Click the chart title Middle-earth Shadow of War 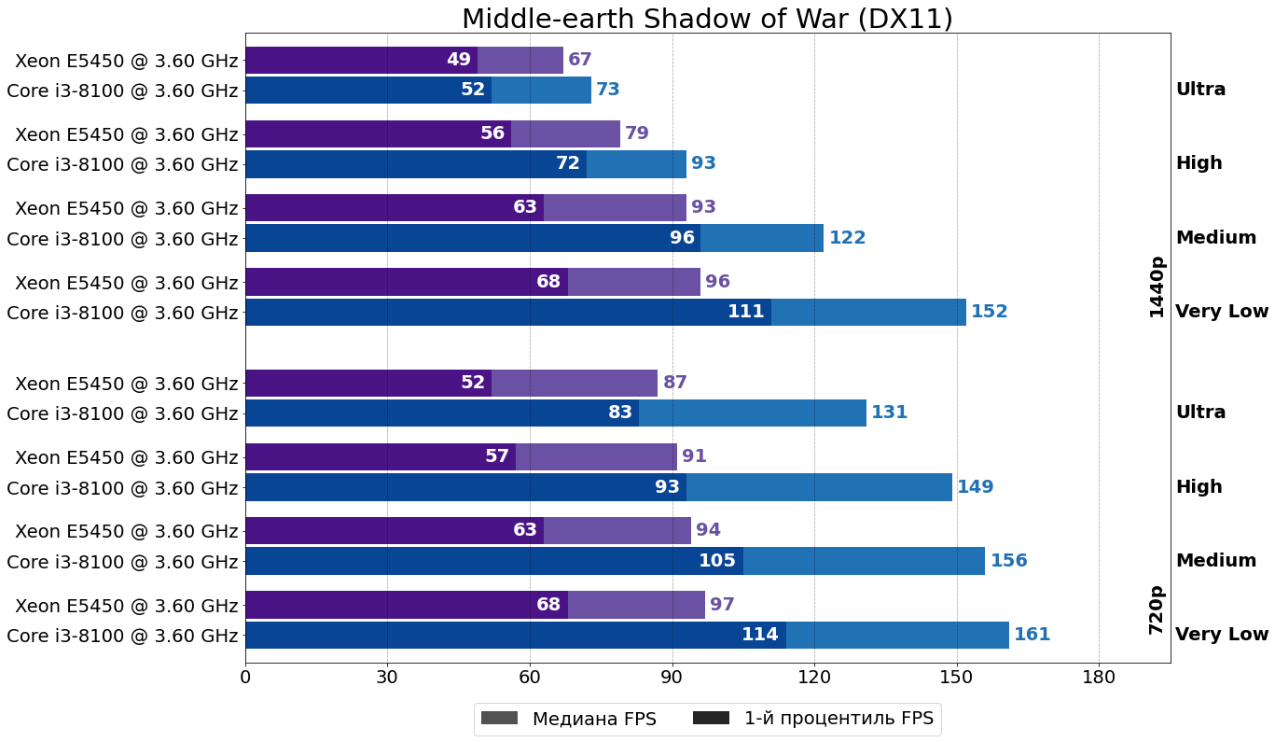coord(707,19)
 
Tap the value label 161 coord(1032,635)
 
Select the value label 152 coord(989,312)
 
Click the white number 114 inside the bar coord(759,635)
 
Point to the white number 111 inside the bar coord(745,312)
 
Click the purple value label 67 coord(580,60)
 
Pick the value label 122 coord(847,238)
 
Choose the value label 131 coord(889,413)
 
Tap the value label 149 coord(975,487)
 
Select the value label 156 coord(1008,561)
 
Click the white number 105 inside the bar coord(717,561)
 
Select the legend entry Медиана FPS coord(568,719)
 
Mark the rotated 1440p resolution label coord(1157,287)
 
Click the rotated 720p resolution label coord(1157,609)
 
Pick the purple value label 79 coord(637,133)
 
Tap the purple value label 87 coord(675,383)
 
